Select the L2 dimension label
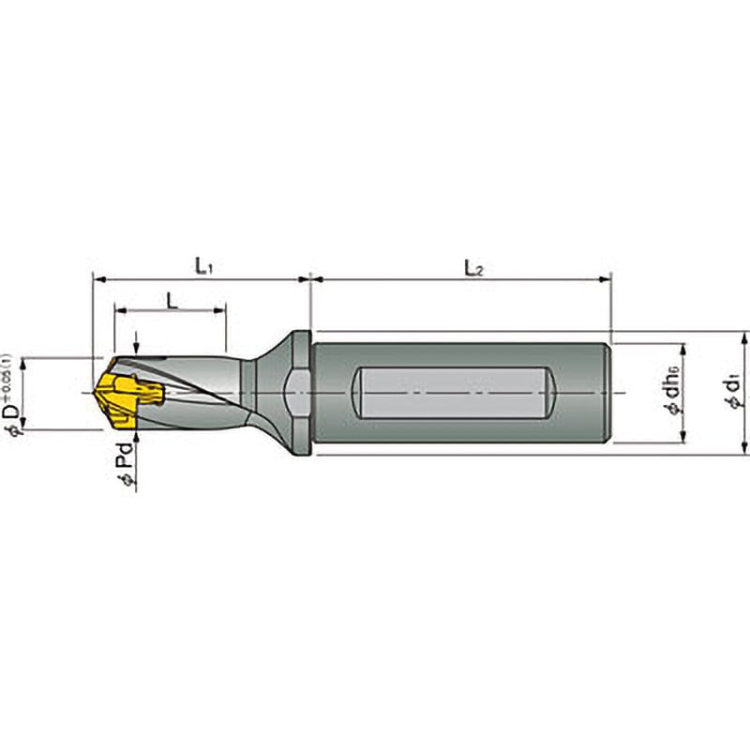(473, 266)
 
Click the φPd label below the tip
(123, 463)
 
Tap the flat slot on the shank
(455, 393)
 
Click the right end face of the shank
(612, 393)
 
